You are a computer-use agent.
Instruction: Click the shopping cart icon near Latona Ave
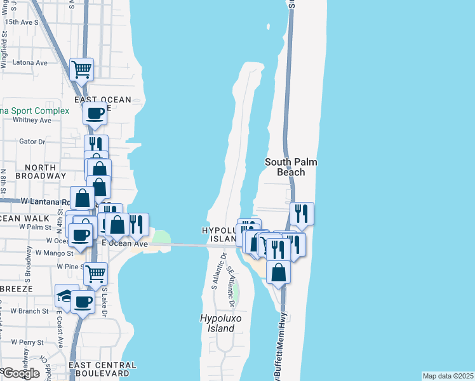pos(82,69)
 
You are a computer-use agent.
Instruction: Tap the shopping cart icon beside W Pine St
pos(95,274)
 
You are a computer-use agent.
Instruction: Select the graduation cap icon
pos(65,296)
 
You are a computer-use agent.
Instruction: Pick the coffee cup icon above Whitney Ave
pos(95,114)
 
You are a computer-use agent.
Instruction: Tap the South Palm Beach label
pos(291,167)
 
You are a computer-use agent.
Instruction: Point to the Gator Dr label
pos(32,142)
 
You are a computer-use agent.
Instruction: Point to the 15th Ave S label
pos(22,22)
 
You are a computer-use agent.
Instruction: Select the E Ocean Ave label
pos(125,244)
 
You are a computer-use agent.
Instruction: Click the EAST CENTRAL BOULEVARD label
pos(102,370)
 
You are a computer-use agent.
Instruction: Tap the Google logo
pos(21,373)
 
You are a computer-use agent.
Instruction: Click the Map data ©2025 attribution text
pos(448,376)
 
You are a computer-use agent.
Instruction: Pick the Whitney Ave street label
pos(27,119)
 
